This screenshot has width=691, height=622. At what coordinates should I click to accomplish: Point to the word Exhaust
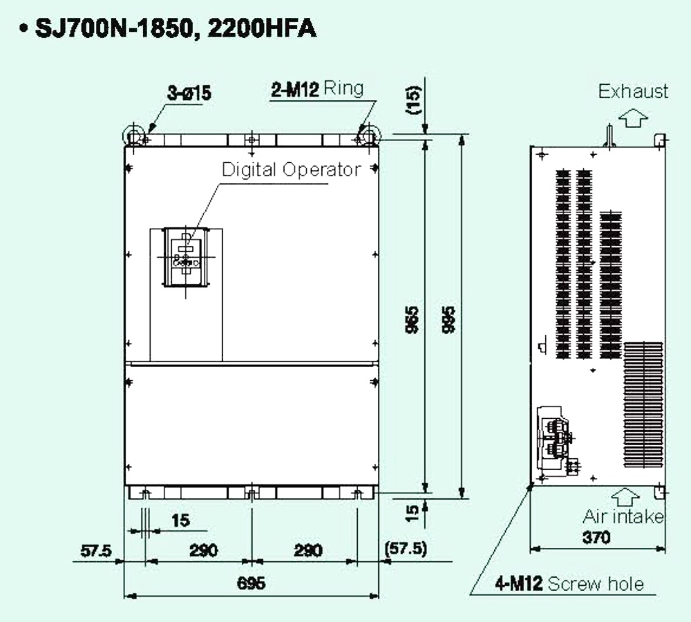pyautogui.click(x=633, y=91)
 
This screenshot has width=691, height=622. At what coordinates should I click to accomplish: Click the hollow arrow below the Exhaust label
pyautogui.click(x=632, y=119)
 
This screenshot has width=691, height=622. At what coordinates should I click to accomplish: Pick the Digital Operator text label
pyautogui.click(x=291, y=169)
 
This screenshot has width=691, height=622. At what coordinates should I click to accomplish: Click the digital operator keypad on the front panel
pyautogui.click(x=184, y=257)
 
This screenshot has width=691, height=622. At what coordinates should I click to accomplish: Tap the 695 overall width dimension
pyautogui.click(x=251, y=583)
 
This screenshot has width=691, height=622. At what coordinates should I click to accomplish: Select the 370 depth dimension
pyautogui.click(x=595, y=538)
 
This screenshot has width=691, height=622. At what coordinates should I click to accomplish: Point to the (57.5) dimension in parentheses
pyautogui.click(x=405, y=549)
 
